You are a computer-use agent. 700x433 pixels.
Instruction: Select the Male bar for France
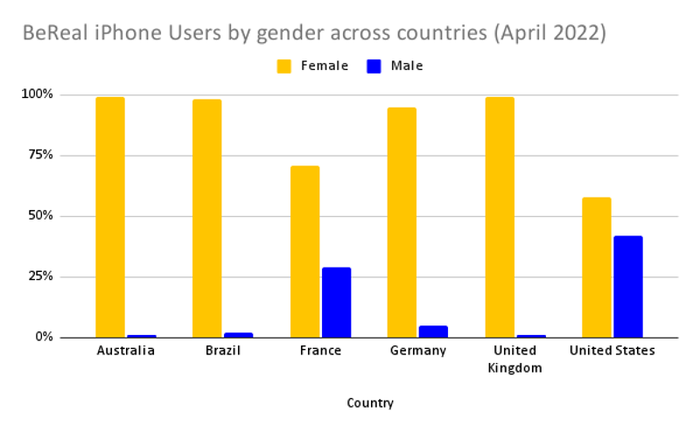(x=336, y=302)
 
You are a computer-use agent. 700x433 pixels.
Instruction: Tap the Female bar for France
(x=304, y=251)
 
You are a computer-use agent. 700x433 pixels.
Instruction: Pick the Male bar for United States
(x=628, y=286)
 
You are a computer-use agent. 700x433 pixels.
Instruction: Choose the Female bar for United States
(x=597, y=267)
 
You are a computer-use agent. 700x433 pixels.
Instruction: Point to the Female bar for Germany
(x=402, y=222)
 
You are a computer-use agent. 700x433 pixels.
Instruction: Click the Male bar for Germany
(x=433, y=332)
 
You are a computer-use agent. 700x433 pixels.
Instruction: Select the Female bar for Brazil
(x=207, y=218)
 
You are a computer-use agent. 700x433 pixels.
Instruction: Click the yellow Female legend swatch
(x=284, y=66)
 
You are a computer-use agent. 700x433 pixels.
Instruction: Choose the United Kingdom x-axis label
(x=514, y=359)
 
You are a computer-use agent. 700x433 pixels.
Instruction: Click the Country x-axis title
(x=370, y=403)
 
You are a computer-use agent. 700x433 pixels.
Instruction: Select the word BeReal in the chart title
(x=54, y=33)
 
